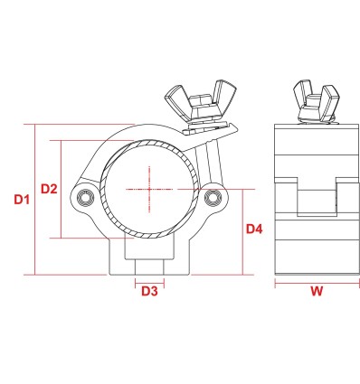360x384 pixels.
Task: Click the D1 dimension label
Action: (x=22, y=200)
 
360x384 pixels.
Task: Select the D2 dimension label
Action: (x=49, y=189)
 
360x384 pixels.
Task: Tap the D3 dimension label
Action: (x=149, y=291)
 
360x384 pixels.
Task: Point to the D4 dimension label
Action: (x=254, y=229)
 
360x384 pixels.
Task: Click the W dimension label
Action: (x=317, y=291)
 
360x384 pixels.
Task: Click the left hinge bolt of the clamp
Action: (x=85, y=198)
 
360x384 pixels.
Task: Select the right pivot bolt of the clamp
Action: (x=213, y=197)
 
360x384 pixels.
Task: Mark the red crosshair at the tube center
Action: (x=149, y=190)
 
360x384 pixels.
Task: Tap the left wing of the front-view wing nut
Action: (x=175, y=100)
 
